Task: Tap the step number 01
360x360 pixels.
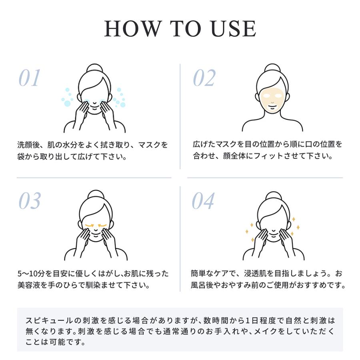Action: tap(30, 78)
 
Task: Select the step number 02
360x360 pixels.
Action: tap(204, 78)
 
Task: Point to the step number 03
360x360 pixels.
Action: tap(30, 201)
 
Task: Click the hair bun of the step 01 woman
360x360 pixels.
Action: tap(95, 68)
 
